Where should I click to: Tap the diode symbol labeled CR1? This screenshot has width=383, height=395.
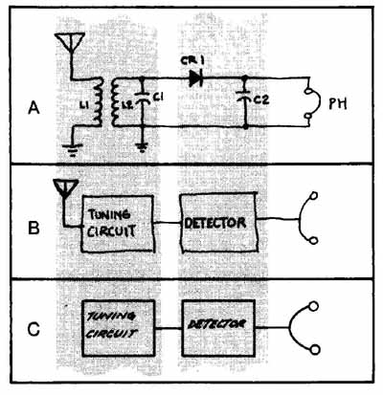tap(195, 78)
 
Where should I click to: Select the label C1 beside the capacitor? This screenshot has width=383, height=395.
tap(158, 99)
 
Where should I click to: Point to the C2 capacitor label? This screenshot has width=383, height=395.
tap(261, 100)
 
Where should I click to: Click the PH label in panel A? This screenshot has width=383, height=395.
tap(338, 104)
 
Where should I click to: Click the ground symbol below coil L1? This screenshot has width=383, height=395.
tap(73, 149)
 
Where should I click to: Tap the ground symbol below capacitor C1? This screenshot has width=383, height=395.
tap(142, 147)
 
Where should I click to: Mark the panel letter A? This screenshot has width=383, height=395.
tap(34, 108)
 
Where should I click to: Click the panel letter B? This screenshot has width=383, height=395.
tap(34, 228)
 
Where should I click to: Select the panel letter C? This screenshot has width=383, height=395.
tap(34, 329)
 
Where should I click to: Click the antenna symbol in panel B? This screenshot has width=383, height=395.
tap(65, 188)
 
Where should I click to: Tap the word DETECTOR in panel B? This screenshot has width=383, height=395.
tap(215, 223)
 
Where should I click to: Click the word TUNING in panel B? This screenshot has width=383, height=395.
tap(109, 215)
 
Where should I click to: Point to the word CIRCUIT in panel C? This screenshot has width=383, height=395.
tap(112, 334)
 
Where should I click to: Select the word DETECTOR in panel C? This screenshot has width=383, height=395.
tap(216, 324)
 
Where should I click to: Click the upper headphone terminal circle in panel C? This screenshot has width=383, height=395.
tap(314, 306)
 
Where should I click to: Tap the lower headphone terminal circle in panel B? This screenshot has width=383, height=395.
tap(313, 240)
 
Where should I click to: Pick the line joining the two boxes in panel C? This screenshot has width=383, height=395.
tap(169, 328)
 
